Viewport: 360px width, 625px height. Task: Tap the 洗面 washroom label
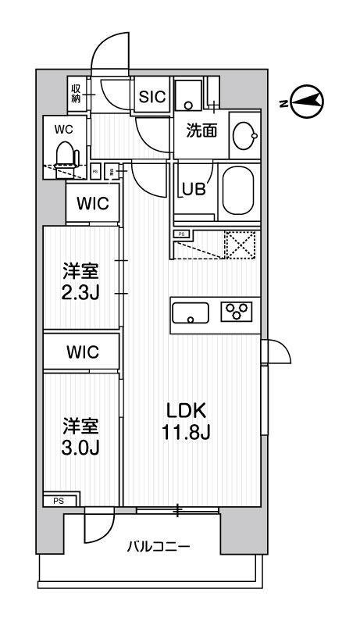tap(201, 131)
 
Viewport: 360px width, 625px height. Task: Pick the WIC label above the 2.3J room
tap(92, 205)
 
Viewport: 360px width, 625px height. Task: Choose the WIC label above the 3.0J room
tap(92, 352)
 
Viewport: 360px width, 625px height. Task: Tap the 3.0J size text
tap(80, 448)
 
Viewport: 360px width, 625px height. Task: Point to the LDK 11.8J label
tap(187, 423)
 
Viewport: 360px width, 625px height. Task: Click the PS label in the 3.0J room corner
tap(59, 501)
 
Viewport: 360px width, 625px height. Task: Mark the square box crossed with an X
tap(241, 246)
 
